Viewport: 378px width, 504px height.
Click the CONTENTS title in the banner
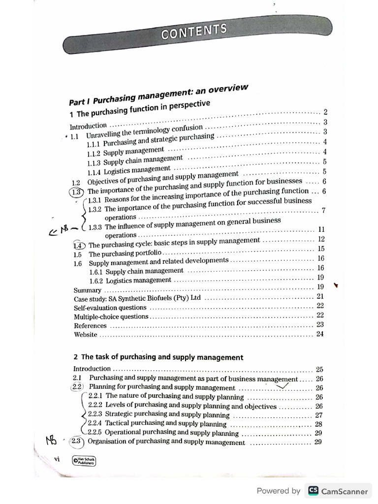(194, 31)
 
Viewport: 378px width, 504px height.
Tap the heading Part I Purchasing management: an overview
(157, 94)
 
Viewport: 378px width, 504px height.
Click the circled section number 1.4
(79, 245)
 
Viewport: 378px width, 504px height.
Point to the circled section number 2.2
(78, 387)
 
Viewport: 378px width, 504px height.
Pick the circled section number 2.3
(77, 441)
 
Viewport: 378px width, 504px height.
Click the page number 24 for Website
(320, 334)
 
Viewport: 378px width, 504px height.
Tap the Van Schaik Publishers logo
(83, 461)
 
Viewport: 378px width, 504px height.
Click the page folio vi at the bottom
(57, 459)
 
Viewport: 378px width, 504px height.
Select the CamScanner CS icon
(313, 491)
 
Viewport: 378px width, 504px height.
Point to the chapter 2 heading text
(158, 357)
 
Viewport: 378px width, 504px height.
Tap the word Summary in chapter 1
(87, 290)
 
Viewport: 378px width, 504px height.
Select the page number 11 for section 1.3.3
(321, 229)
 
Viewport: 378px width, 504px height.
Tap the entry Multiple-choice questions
(111, 316)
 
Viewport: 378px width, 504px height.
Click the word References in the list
(90, 325)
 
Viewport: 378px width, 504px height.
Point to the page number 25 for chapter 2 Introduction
(319, 369)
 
